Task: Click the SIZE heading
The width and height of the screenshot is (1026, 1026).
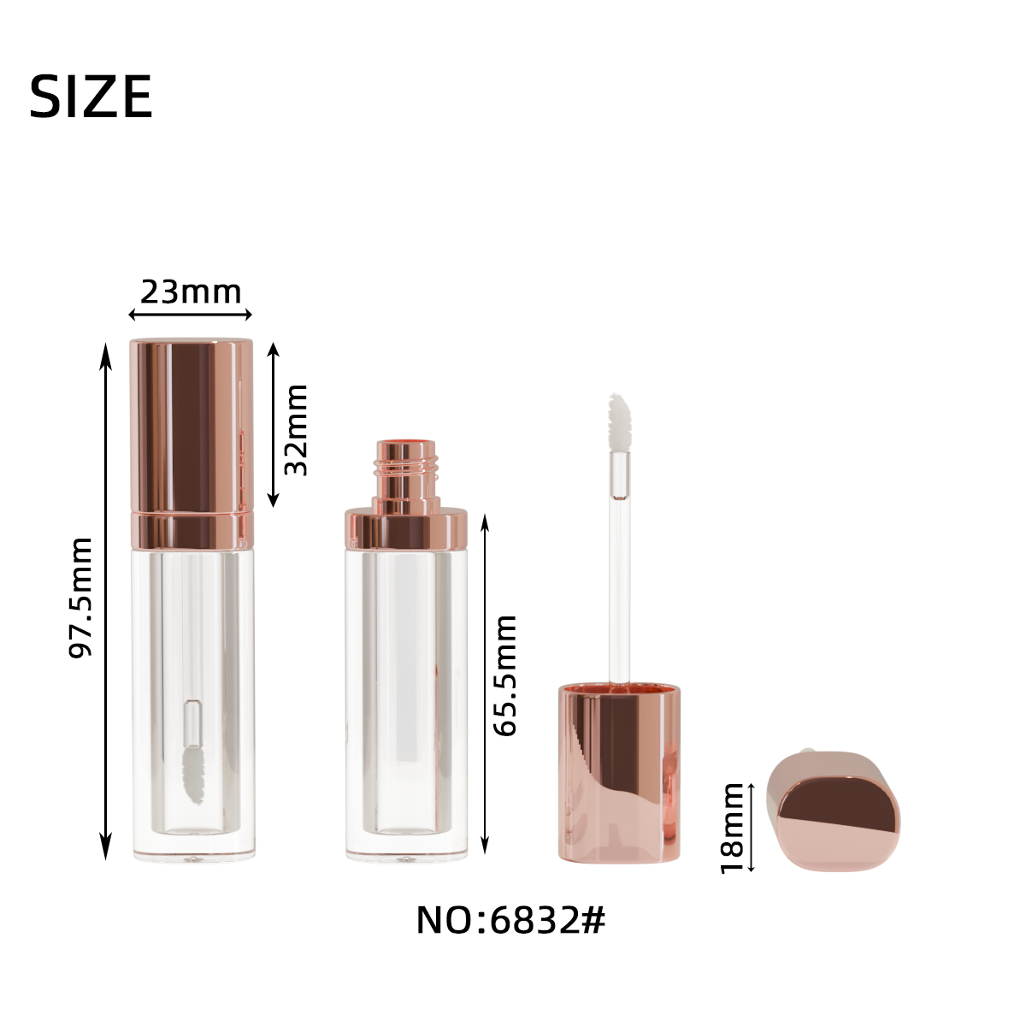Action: click(91, 97)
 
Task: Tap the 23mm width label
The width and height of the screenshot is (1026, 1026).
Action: click(191, 292)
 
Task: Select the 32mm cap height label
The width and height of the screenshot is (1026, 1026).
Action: click(296, 430)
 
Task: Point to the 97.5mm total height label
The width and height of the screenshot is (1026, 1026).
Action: click(81, 598)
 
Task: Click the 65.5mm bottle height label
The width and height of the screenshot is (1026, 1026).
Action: click(504, 675)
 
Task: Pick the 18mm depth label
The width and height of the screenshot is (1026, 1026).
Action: click(732, 829)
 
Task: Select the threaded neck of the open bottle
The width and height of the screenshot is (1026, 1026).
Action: click(406, 477)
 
